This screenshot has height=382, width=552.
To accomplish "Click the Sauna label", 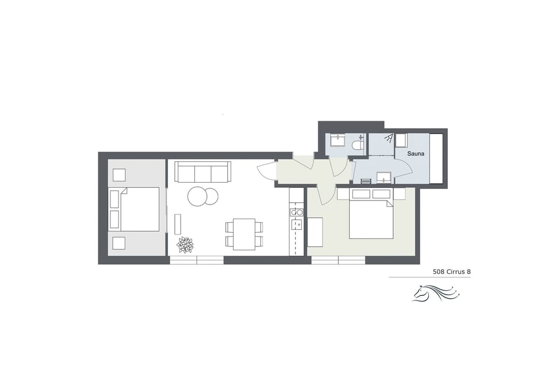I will pos(416,155).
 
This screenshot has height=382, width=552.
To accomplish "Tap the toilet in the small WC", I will pos(357,146).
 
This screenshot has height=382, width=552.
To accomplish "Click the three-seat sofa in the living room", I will pos(202,172).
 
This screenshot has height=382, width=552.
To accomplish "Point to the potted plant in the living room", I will pos(185,245).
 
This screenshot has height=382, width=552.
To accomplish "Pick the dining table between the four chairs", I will pos(244,234).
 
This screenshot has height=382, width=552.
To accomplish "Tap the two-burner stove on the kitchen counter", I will pos(297,213).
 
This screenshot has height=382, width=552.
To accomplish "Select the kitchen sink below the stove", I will pos(297,224).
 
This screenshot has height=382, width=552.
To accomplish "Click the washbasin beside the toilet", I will pos(338,142).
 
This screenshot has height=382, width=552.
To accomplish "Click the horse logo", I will pos(435,294).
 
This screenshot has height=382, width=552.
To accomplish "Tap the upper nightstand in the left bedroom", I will pos(119,175).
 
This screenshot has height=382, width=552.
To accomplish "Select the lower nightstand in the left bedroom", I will pos(119,243).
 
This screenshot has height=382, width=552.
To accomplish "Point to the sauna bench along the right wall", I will pos(436,159).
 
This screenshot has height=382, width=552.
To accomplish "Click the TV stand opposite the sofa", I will pos(178,224).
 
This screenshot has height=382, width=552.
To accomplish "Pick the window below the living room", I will pos(197,260).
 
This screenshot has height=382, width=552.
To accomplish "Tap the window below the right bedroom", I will pos(338,260).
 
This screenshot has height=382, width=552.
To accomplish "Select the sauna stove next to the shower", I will pos(401,139).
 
